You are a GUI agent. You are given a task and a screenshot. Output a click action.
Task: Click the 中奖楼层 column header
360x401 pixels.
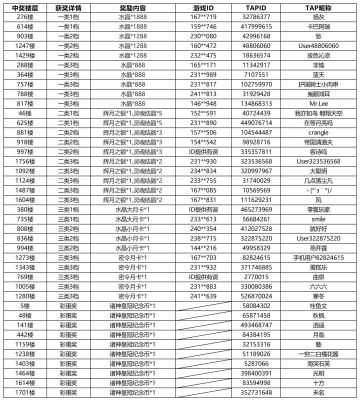(x=23, y=7)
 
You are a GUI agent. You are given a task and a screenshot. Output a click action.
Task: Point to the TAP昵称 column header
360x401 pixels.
(x=318, y=7)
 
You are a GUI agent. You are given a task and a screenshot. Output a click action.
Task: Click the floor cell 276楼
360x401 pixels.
(x=23, y=16)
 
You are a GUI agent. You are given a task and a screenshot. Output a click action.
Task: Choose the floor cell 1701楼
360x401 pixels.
(x=23, y=391)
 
